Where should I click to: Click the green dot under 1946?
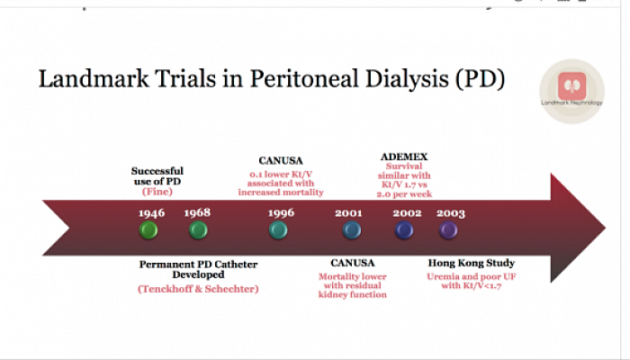tap(148, 230)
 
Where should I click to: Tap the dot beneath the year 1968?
tap(198, 230)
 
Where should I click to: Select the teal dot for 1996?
tap(278, 230)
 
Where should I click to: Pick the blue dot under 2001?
tap(352, 230)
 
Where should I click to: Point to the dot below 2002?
tap(404, 230)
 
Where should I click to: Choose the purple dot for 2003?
tap(448, 230)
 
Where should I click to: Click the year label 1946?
tap(151, 213)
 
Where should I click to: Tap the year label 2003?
tap(451, 213)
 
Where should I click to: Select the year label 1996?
tap(281, 212)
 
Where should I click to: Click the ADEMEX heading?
tap(404, 157)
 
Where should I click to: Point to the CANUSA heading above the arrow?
tap(281, 161)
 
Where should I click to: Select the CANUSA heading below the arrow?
tap(353, 263)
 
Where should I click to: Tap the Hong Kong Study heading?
tap(472, 263)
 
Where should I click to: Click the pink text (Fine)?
tap(157, 192)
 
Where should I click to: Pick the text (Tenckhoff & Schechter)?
tap(198, 289)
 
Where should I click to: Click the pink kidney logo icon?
tap(571, 85)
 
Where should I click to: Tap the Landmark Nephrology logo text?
tap(571, 103)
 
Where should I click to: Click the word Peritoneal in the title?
tap(304, 78)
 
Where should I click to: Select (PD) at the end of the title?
tap(480, 79)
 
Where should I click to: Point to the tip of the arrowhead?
tap(605, 228)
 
